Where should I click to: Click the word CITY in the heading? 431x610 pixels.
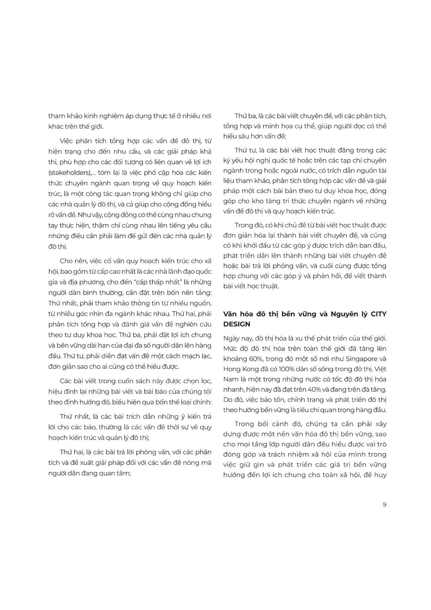pyautogui.click(x=379, y=314)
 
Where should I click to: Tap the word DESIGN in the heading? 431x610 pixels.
pyautogui.click(x=237, y=324)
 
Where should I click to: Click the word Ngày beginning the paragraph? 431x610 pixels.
pyautogui.click(x=231, y=339)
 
